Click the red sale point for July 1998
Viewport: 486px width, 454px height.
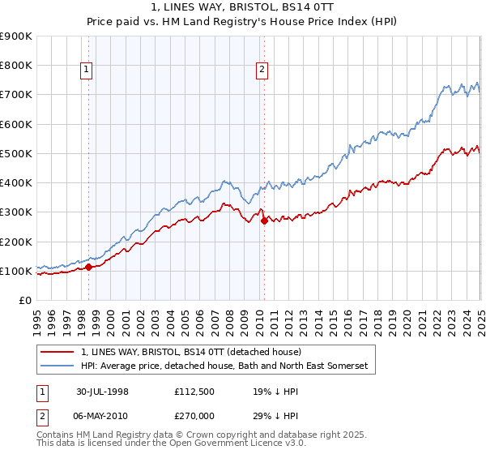(88, 267)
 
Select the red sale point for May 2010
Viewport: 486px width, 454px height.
(263, 221)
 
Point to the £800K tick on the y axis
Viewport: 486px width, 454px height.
(16, 66)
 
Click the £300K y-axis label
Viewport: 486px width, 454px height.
(16, 212)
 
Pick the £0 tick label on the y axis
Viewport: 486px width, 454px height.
(25, 301)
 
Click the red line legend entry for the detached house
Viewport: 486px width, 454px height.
(191, 352)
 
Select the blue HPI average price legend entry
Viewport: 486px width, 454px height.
(224, 366)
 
